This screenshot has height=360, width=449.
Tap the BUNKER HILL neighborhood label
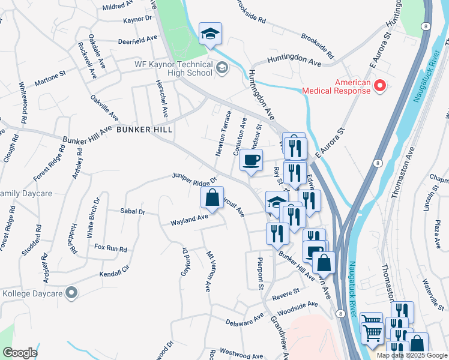145,130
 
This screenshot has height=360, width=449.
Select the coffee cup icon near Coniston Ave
252,160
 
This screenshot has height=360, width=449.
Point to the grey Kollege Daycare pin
71,293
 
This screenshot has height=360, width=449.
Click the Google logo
20,353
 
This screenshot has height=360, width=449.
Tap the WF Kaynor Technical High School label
173,68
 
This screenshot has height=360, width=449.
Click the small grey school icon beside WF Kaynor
221,68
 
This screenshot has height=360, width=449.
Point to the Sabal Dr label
133,212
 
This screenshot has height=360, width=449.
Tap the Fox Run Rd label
110,248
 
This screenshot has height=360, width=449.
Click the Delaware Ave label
244,317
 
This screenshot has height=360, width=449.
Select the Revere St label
286,293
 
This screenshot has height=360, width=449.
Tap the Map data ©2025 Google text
409,355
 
